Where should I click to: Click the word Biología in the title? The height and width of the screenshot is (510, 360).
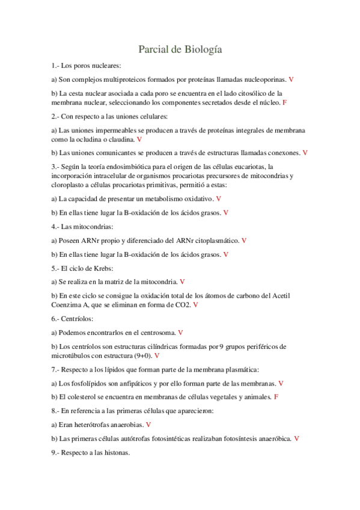click(202, 49)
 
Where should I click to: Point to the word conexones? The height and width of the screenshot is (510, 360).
click(280, 153)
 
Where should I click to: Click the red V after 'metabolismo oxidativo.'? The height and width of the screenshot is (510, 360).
click(218, 198)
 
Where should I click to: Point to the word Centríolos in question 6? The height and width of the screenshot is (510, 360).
click(76, 319)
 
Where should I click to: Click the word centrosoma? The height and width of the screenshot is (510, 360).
click(154, 332)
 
